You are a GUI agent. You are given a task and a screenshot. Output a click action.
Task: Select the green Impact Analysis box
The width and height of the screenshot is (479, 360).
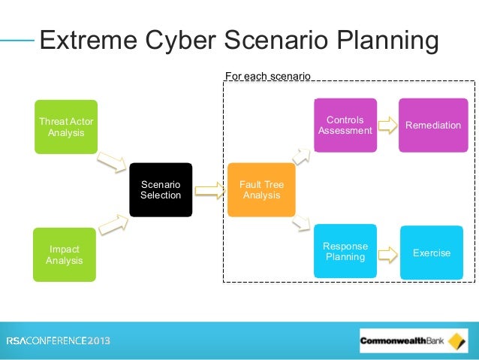coord(65,255)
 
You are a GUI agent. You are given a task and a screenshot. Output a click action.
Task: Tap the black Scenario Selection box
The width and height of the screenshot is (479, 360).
coord(161,189)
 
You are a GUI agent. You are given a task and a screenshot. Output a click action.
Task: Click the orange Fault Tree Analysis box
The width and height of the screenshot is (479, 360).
coord(261,189)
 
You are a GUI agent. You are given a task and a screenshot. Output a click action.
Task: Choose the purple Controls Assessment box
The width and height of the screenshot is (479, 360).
coord(345,126)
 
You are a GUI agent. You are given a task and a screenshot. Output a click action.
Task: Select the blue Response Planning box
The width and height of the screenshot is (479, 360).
coord(345,252)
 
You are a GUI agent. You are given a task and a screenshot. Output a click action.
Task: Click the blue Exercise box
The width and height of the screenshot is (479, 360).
coord(432,253)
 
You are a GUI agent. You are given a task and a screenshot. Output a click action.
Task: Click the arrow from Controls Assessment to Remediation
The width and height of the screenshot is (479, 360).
coord(387,126)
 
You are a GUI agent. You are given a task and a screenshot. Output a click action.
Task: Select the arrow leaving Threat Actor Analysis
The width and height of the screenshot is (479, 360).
coord(112,162)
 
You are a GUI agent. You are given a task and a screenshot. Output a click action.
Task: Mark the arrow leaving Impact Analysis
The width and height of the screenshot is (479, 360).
coord(112,222)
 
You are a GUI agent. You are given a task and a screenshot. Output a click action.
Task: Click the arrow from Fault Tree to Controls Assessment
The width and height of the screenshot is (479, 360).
coord(302,156)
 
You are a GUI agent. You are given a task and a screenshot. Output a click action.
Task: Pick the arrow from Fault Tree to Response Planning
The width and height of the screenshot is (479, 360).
coord(302,222)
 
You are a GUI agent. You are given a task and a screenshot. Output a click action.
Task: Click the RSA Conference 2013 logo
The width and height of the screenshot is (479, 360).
coord(59,340)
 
